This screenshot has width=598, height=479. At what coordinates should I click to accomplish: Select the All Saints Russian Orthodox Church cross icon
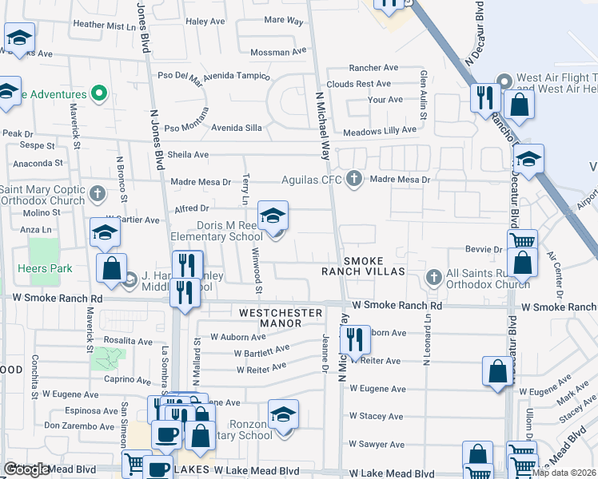pos(434,276)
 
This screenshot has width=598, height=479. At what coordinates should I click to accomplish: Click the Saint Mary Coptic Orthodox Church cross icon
pos(98,193)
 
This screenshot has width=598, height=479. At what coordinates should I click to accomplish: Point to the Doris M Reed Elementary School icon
pos(273,217)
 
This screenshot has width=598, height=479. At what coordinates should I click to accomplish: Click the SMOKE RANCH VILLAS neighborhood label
pos(375,267)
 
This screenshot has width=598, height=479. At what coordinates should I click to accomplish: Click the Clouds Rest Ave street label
pos(362,84)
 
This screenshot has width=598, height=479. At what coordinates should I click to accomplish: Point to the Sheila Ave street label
pos(188,155)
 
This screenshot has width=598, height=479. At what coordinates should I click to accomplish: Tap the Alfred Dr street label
pos(192,208)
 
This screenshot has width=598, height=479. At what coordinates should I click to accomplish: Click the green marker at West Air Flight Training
pos(504,81)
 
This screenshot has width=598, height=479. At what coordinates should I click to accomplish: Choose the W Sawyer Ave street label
pos(376,444)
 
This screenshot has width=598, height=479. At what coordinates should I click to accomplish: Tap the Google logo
pos(26,469)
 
